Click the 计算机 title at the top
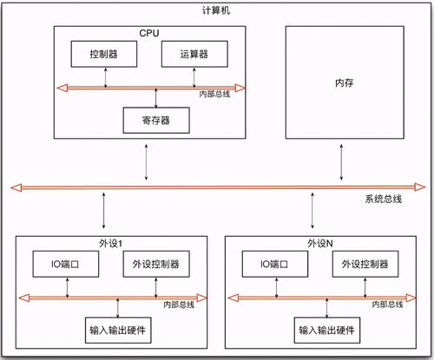[216, 10]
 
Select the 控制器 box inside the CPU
[104, 54]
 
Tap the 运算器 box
[194, 54]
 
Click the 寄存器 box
[156, 121]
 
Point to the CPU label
[149, 33]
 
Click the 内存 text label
[345, 83]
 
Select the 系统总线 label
[383, 199]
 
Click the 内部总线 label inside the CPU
[214, 95]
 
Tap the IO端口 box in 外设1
[66, 264]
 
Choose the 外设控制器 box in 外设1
[156, 264]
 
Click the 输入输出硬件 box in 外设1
[118, 331]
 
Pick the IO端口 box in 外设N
[275, 264]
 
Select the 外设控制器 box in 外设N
[365, 264]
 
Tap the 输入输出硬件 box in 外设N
[327, 331]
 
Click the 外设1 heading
[110, 244]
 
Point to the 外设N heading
[320, 244]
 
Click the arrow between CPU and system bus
[146, 162]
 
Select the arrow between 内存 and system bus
[341, 162]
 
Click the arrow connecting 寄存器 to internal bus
[156, 98]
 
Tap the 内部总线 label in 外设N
[387, 304]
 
